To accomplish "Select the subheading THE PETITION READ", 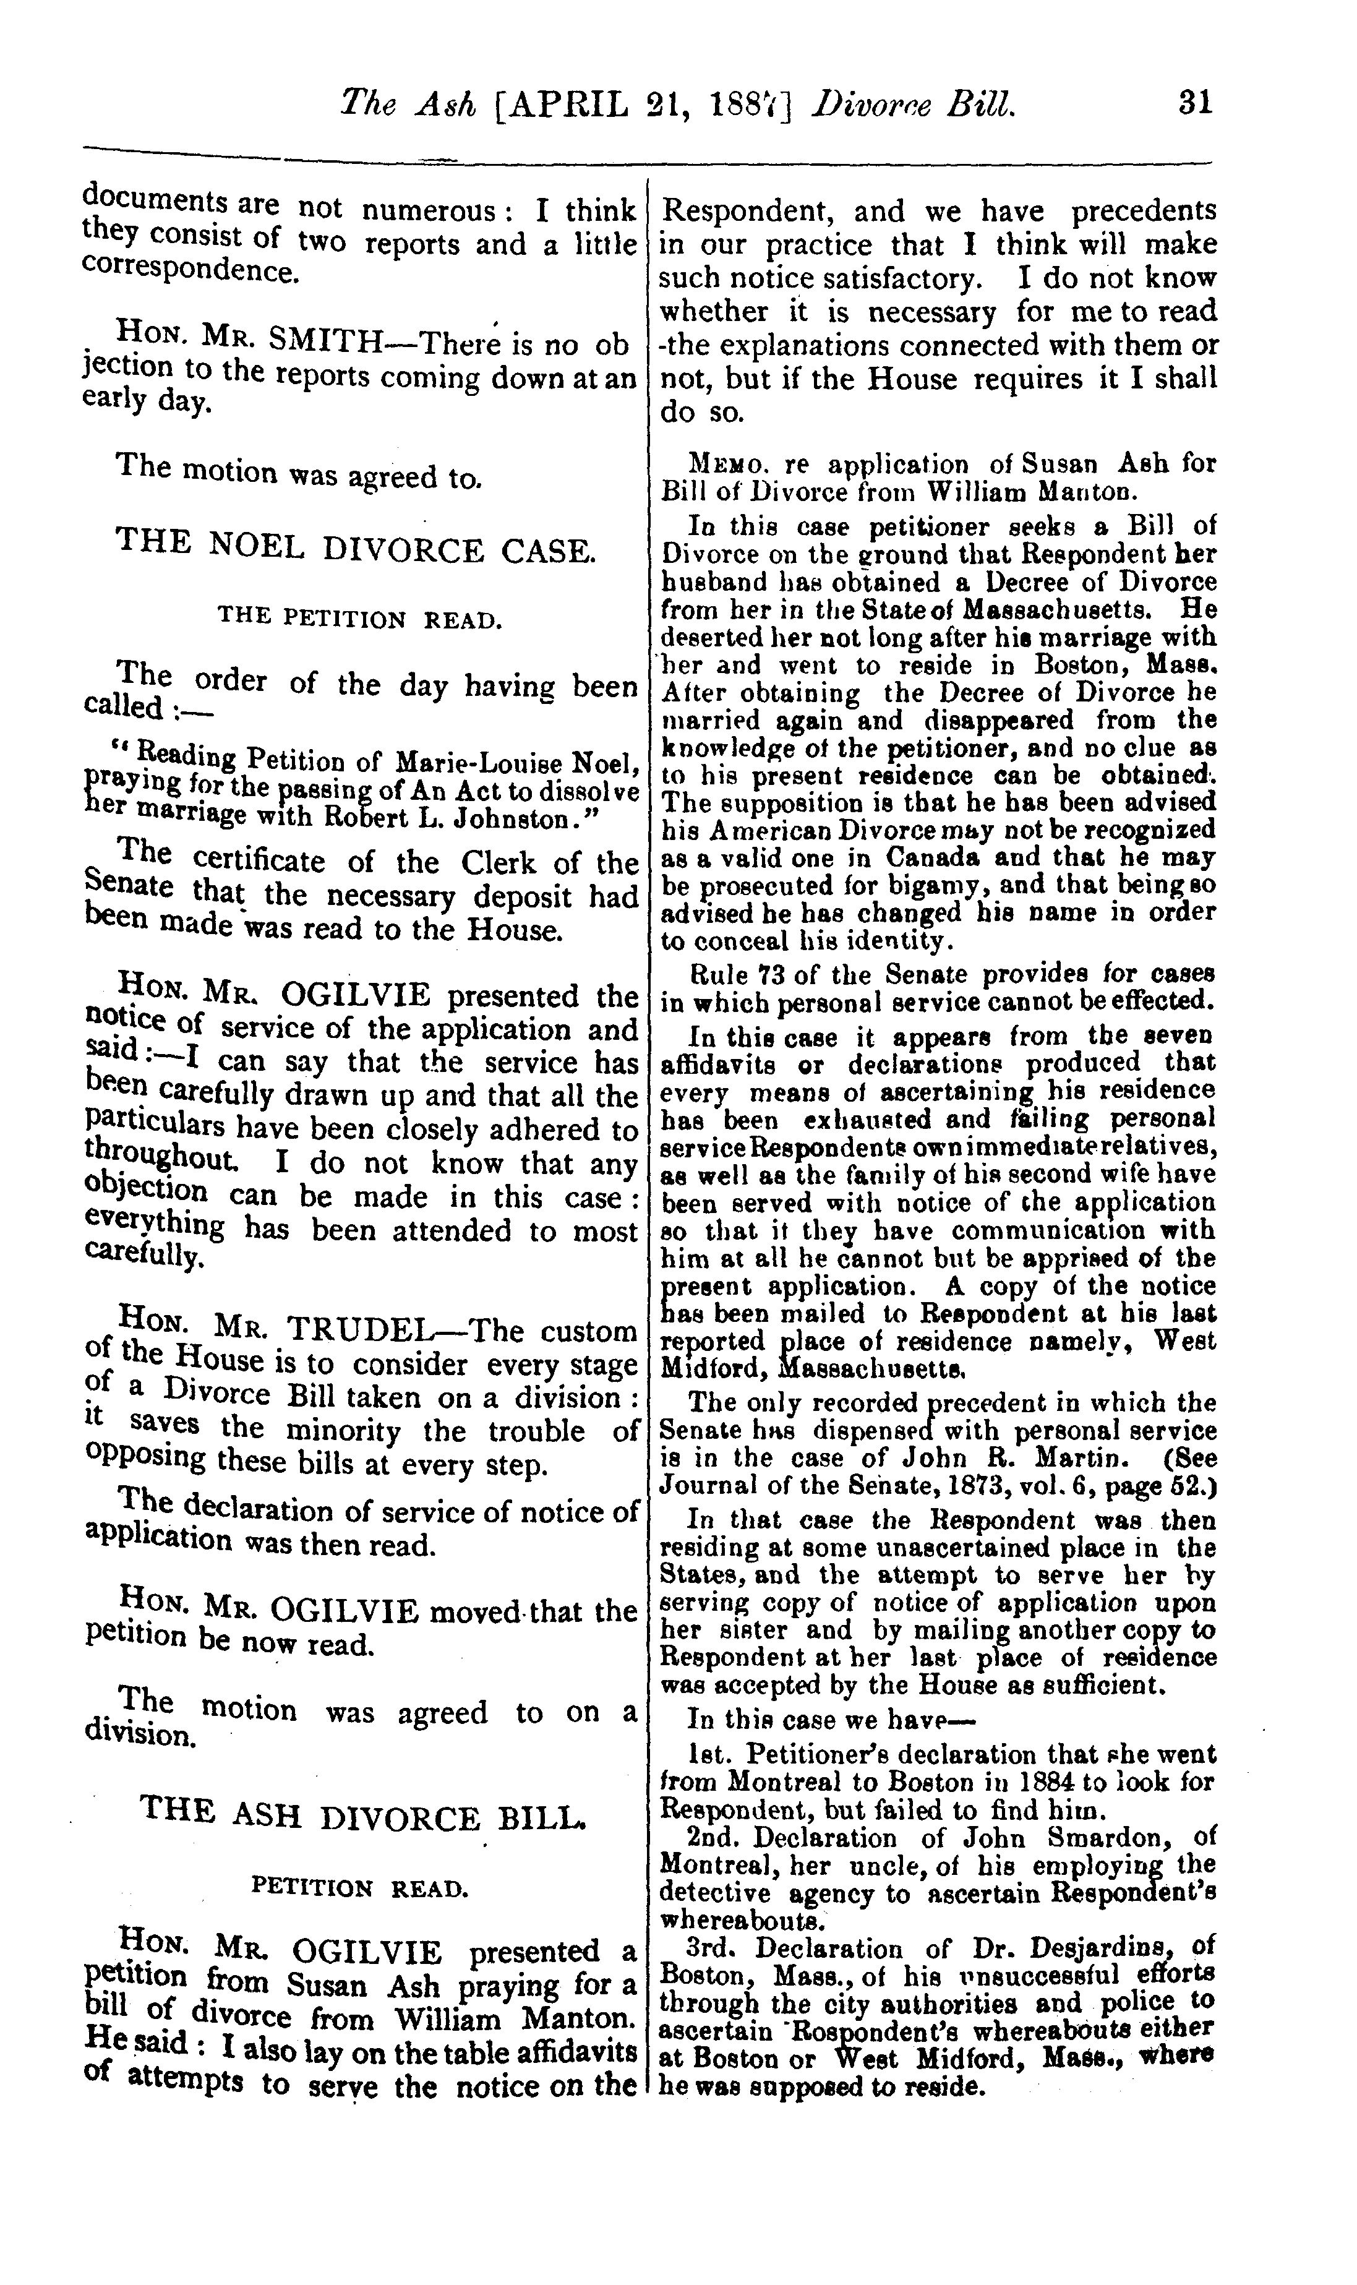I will (359, 619).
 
